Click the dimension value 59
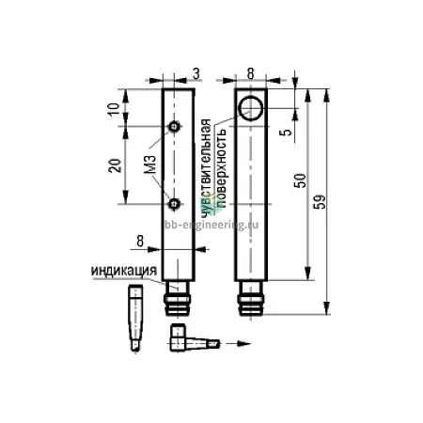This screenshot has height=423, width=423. pyautogui.click(x=321, y=202)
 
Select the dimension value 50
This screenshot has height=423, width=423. pyautogui.click(x=301, y=180)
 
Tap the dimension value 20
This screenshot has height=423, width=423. pyautogui.click(x=115, y=165)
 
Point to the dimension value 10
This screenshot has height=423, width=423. pyautogui.click(x=114, y=108)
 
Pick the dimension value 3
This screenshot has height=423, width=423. pyautogui.click(x=196, y=74)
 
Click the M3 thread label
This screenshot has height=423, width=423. pyautogui.click(x=150, y=164)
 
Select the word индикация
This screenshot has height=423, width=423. pyautogui.click(x=124, y=271)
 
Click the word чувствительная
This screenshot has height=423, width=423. pyautogui.click(x=206, y=168)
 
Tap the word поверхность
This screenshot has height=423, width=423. pyautogui.click(x=221, y=168)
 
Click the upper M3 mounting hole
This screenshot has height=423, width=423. pyautogui.click(x=174, y=127)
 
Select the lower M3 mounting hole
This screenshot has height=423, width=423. pyautogui.click(x=174, y=204)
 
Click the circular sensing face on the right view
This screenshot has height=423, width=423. pyautogui.click(x=251, y=108)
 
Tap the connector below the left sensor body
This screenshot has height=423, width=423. pyautogui.click(x=178, y=298)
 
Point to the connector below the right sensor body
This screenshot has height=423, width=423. pyautogui.click(x=251, y=298)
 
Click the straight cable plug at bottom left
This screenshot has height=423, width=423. pyautogui.click(x=135, y=318)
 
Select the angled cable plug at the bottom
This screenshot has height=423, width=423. pyautogui.click(x=195, y=338)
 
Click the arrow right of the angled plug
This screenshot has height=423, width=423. pyautogui.click(x=239, y=343)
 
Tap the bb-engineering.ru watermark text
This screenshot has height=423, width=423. pyautogui.click(x=211, y=225)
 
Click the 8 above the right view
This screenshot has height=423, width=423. pyautogui.click(x=250, y=74)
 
